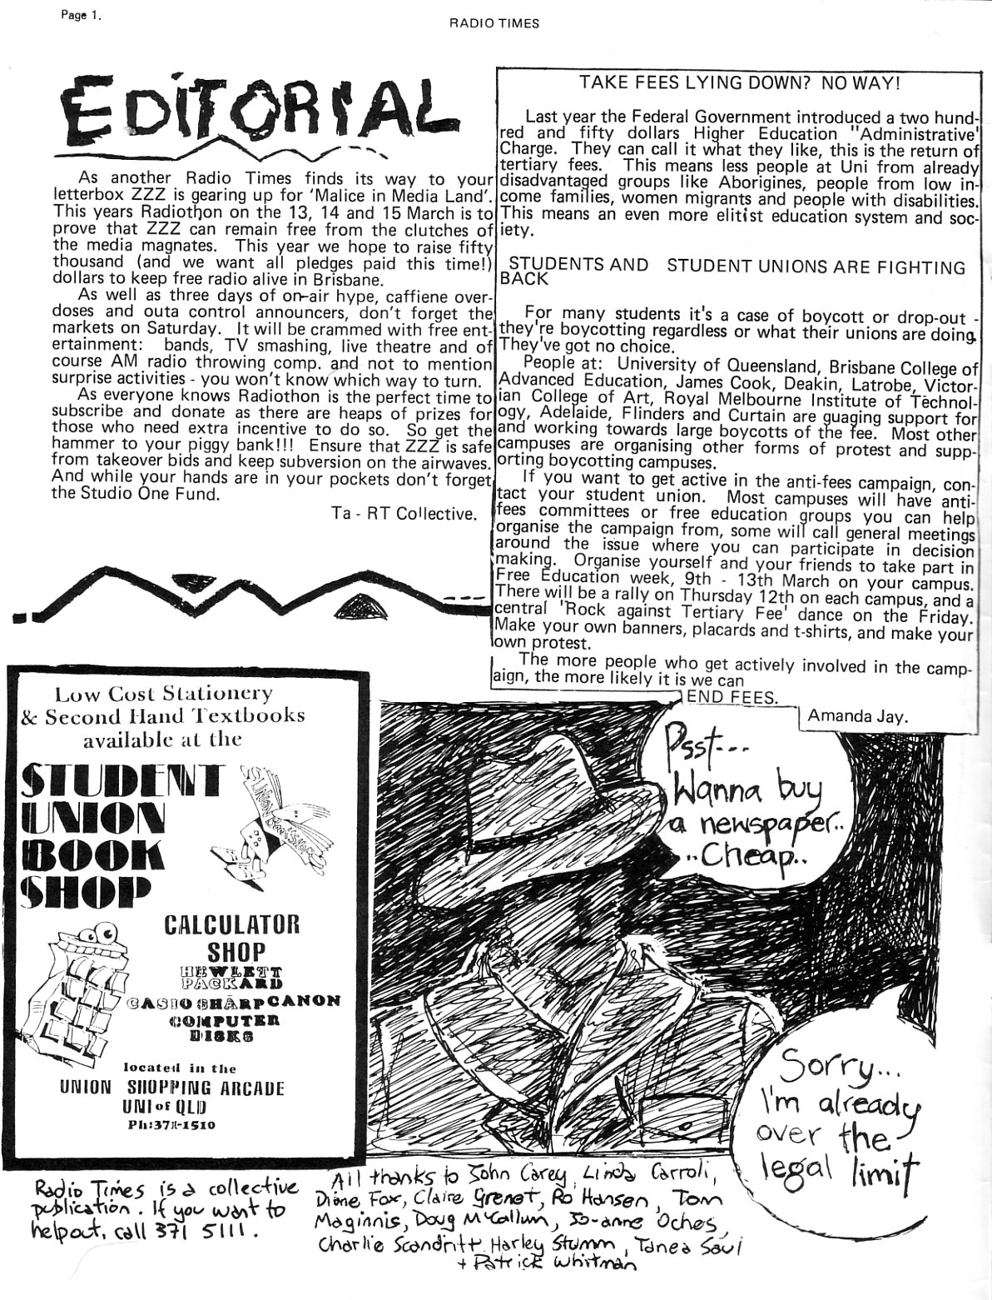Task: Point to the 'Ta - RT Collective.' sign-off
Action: coord(404,514)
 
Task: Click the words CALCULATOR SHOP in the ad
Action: coord(231,937)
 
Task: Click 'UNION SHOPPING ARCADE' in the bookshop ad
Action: coord(171,1088)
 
